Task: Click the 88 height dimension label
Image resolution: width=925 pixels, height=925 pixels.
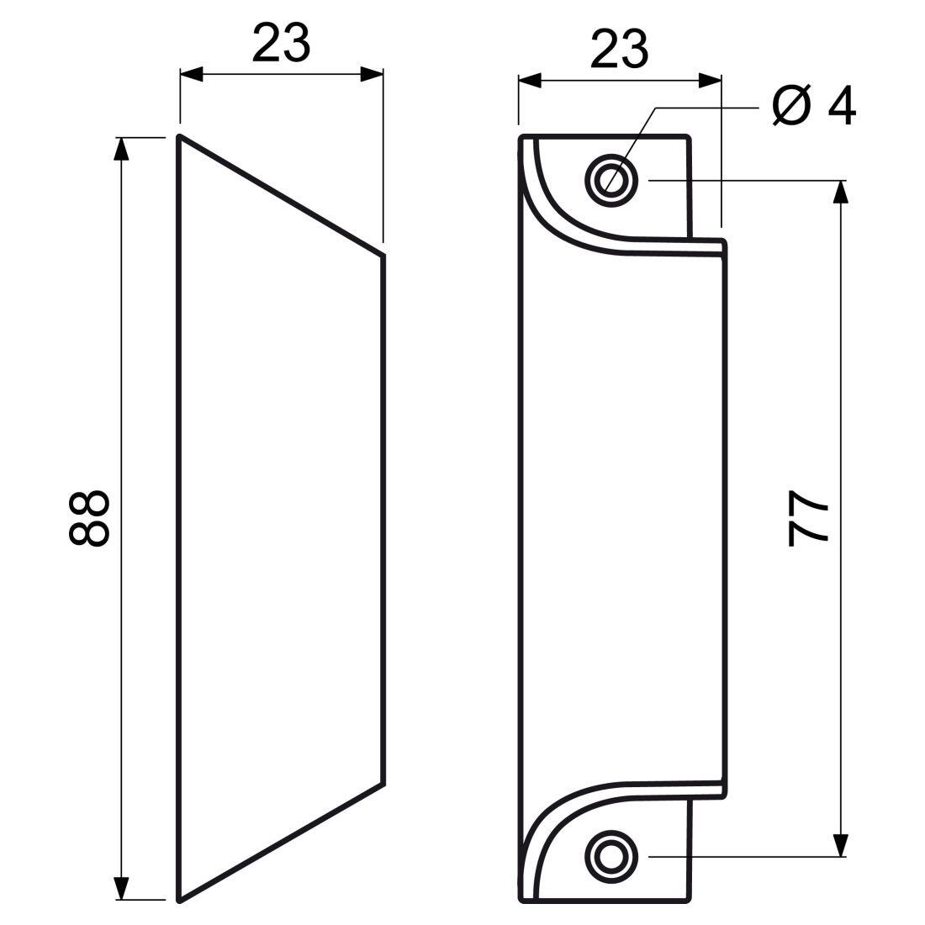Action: [x=88, y=519]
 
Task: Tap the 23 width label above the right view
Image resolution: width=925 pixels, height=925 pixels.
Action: [x=619, y=48]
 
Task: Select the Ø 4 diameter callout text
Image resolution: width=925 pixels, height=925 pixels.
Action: [x=813, y=107]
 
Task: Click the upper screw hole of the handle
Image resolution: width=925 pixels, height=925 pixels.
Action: [x=611, y=179]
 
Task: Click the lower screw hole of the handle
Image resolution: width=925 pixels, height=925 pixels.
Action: [x=611, y=857]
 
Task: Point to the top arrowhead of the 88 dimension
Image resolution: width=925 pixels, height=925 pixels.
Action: [x=122, y=148]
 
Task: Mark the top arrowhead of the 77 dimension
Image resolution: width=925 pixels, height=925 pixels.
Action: [x=839, y=192]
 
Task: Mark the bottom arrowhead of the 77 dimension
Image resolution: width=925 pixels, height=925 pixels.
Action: [x=839, y=845]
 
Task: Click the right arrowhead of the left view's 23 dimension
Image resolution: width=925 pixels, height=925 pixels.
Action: [x=372, y=74]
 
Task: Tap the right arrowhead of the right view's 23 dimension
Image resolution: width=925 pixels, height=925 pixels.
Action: [x=710, y=81]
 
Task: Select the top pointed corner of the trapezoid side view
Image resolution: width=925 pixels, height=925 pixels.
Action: [x=179, y=136]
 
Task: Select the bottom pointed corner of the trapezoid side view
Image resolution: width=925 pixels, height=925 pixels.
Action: [x=179, y=899]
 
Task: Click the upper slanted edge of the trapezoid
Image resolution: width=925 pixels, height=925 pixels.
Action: [x=282, y=195]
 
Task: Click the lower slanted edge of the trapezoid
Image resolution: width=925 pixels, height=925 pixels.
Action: [x=282, y=841]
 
